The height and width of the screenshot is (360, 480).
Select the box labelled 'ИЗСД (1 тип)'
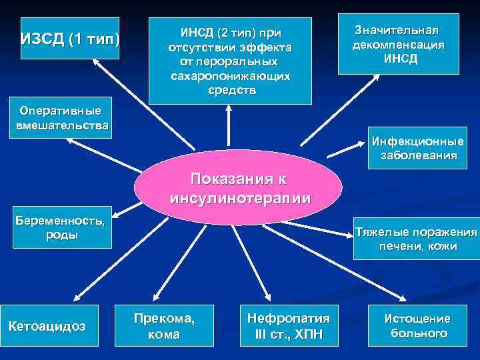(x=70, y=39)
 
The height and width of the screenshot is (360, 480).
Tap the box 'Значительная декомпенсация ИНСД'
(x=399, y=43)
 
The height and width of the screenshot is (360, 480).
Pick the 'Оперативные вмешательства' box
(x=60, y=118)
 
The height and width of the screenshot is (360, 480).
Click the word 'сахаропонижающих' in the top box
(x=230, y=76)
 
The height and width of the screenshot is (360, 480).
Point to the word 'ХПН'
(x=308, y=333)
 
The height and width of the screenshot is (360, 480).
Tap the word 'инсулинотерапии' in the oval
(x=241, y=198)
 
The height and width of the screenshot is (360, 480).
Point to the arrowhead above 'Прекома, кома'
(x=157, y=299)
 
